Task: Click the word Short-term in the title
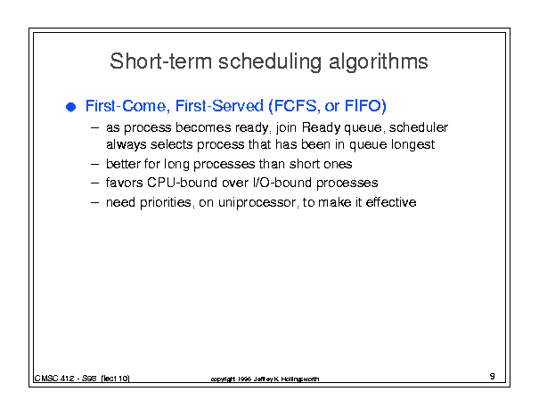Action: pos(160,61)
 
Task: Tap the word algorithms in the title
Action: pos(379,62)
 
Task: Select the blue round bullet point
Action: pos(70,107)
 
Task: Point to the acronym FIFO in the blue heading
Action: pos(365,106)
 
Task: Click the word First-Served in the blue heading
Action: pos(219,105)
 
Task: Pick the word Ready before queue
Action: pos(321,128)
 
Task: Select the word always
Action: pos(127,144)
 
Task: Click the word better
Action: pos(124,164)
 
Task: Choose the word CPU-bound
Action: pos(182,183)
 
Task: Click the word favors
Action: pos(124,183)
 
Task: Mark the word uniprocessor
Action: pos(257,202)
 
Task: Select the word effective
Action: pos(391,202)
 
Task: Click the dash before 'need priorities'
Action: pos(94,202)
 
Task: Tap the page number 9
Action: pos(493,376)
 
